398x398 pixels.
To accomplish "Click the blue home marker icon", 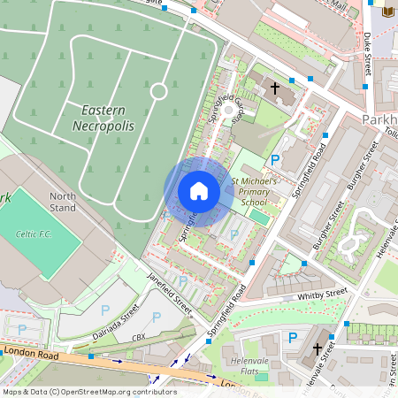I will [198, 191].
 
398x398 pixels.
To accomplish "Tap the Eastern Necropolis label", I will [109, 118].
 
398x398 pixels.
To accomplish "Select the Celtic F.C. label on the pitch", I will [35, 234].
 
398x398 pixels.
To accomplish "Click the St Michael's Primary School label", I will [256, 190].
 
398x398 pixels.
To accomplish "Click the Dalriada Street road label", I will [116, 324].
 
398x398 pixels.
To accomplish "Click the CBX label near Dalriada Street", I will [138, 338].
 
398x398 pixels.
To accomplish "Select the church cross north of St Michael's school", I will [274, 88].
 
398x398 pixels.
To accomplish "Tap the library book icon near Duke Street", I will [386, 11].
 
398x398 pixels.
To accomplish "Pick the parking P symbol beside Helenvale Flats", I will [293, 337].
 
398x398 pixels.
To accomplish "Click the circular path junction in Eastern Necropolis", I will [159, 90].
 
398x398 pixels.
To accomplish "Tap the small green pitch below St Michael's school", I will [258, 216].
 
